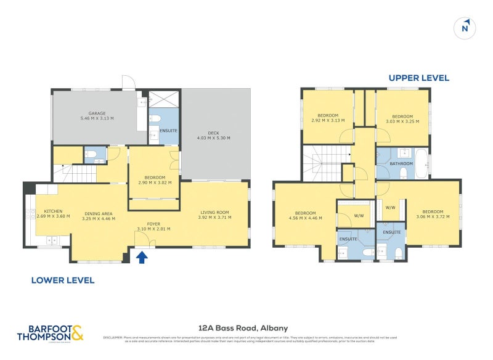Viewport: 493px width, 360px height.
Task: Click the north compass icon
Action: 466,28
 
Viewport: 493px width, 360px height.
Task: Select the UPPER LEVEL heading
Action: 418,78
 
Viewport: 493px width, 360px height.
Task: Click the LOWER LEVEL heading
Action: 63,280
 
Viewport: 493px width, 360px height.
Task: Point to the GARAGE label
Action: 97,113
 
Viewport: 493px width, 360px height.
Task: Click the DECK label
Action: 213,133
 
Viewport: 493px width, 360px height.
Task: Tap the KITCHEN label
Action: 53,211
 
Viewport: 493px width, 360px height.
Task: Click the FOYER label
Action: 153,224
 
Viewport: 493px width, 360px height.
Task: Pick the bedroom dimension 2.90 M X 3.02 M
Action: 154,182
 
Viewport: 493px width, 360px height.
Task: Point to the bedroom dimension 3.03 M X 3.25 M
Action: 402,121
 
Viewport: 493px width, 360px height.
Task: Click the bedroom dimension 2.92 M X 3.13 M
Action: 328,121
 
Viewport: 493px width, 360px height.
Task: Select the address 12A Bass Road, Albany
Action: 243,328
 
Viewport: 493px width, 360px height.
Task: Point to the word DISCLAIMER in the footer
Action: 113,337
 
